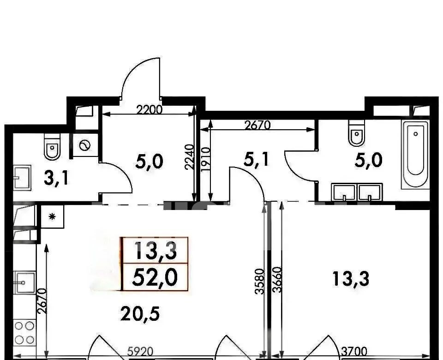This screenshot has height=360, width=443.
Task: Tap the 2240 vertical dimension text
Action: pyautogui.click(x=190, y=157)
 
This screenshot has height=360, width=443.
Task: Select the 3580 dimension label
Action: pyautogui.click(x=260, y=282)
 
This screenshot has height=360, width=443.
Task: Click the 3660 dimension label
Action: pyautogui.click(x=277, y=280)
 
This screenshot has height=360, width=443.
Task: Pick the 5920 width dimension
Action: pyautogui.click(x=140, y=352)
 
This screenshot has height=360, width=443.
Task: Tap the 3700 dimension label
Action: pyautogui.click(x=354, y=352)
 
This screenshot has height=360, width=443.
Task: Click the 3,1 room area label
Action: pyautogui.click(x=56, y=178)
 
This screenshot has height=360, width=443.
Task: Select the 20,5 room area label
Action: pyautogui.click(x=140, y=314)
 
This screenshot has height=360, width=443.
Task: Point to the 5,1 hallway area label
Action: pyautogui.click(x=256, y=160)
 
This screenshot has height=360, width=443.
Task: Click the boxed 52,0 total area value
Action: pyautogui.click(x=155, y=277)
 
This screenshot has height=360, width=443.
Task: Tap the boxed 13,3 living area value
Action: pyautogui.click(x=156, y=251)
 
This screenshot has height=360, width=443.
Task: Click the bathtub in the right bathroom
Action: pyautogui.click(x=415, y=154)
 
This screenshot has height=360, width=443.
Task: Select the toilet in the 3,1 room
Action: pyautogui.click(x=52, y=147)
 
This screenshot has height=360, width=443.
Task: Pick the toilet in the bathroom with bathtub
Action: pyautogui.click(x=357, y=133)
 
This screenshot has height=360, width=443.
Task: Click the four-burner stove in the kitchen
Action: pyautogui.click(x=24, y=333)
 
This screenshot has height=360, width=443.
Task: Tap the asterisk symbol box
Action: pyautogui.click(x=52, y=217)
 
